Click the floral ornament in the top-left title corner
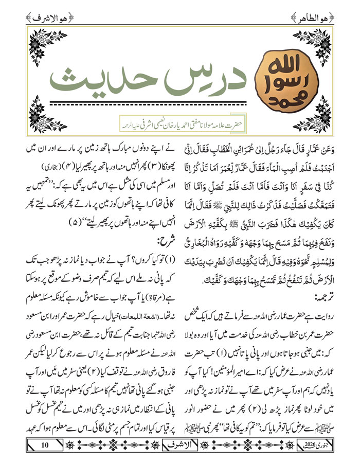[42, 44]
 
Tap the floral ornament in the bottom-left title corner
[42, 111]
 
